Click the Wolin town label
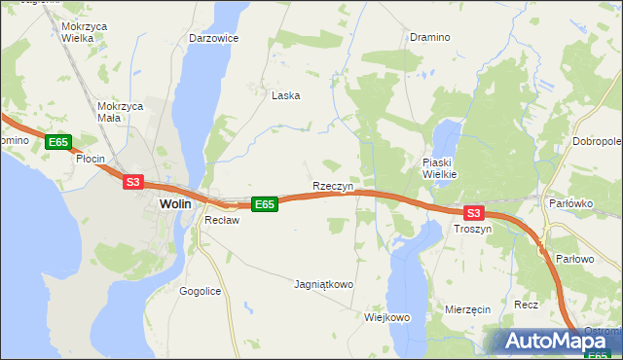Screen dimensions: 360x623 pos(174,204)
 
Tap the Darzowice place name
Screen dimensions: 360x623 pos(214,38)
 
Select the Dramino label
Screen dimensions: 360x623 pos(429,37)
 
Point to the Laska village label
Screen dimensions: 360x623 pos(285,95)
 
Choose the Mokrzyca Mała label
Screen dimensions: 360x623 pos(122,111)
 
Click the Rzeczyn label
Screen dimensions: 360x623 pos(332,185)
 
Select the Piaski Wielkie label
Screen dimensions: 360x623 pos(446,167)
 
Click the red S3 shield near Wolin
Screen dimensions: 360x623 pos(133,181)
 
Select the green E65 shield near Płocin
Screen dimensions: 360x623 pos(57,142)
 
